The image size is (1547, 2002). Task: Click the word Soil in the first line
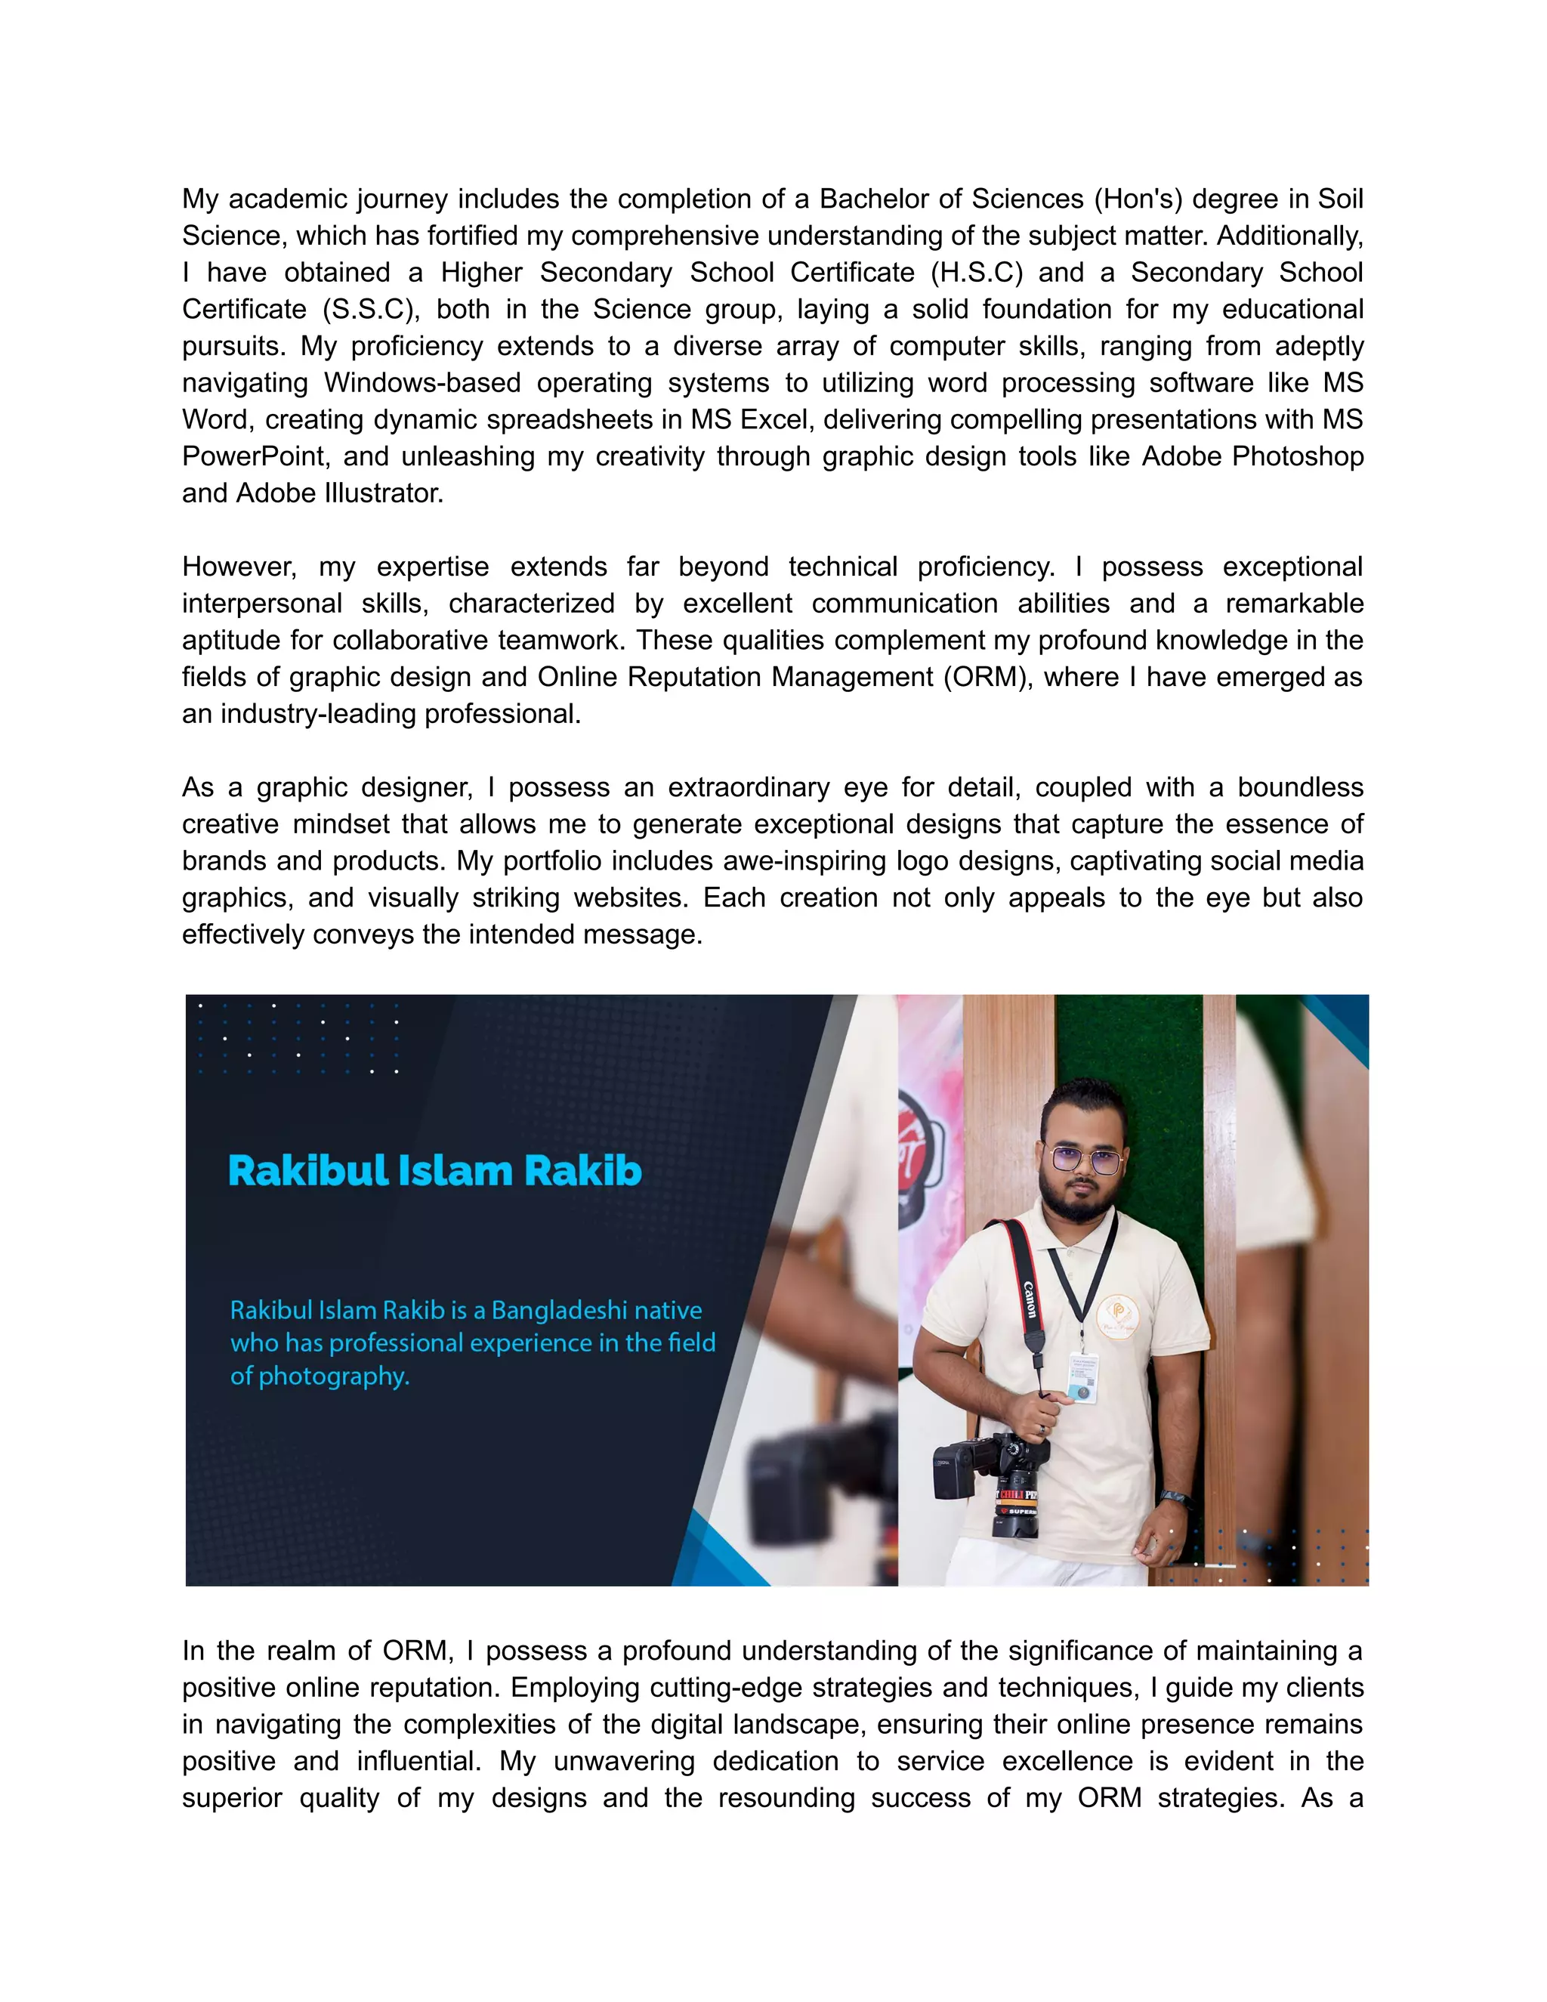[1340, 199]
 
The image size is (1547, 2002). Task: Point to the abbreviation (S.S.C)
[370, 309]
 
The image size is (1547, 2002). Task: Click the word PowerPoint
[254, 456]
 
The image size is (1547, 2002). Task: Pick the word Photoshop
[1298, 456]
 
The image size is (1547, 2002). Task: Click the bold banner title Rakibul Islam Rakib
[434, 1172]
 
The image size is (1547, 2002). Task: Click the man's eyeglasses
[1084, 1160]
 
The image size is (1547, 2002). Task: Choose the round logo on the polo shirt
[1117, 1319]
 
